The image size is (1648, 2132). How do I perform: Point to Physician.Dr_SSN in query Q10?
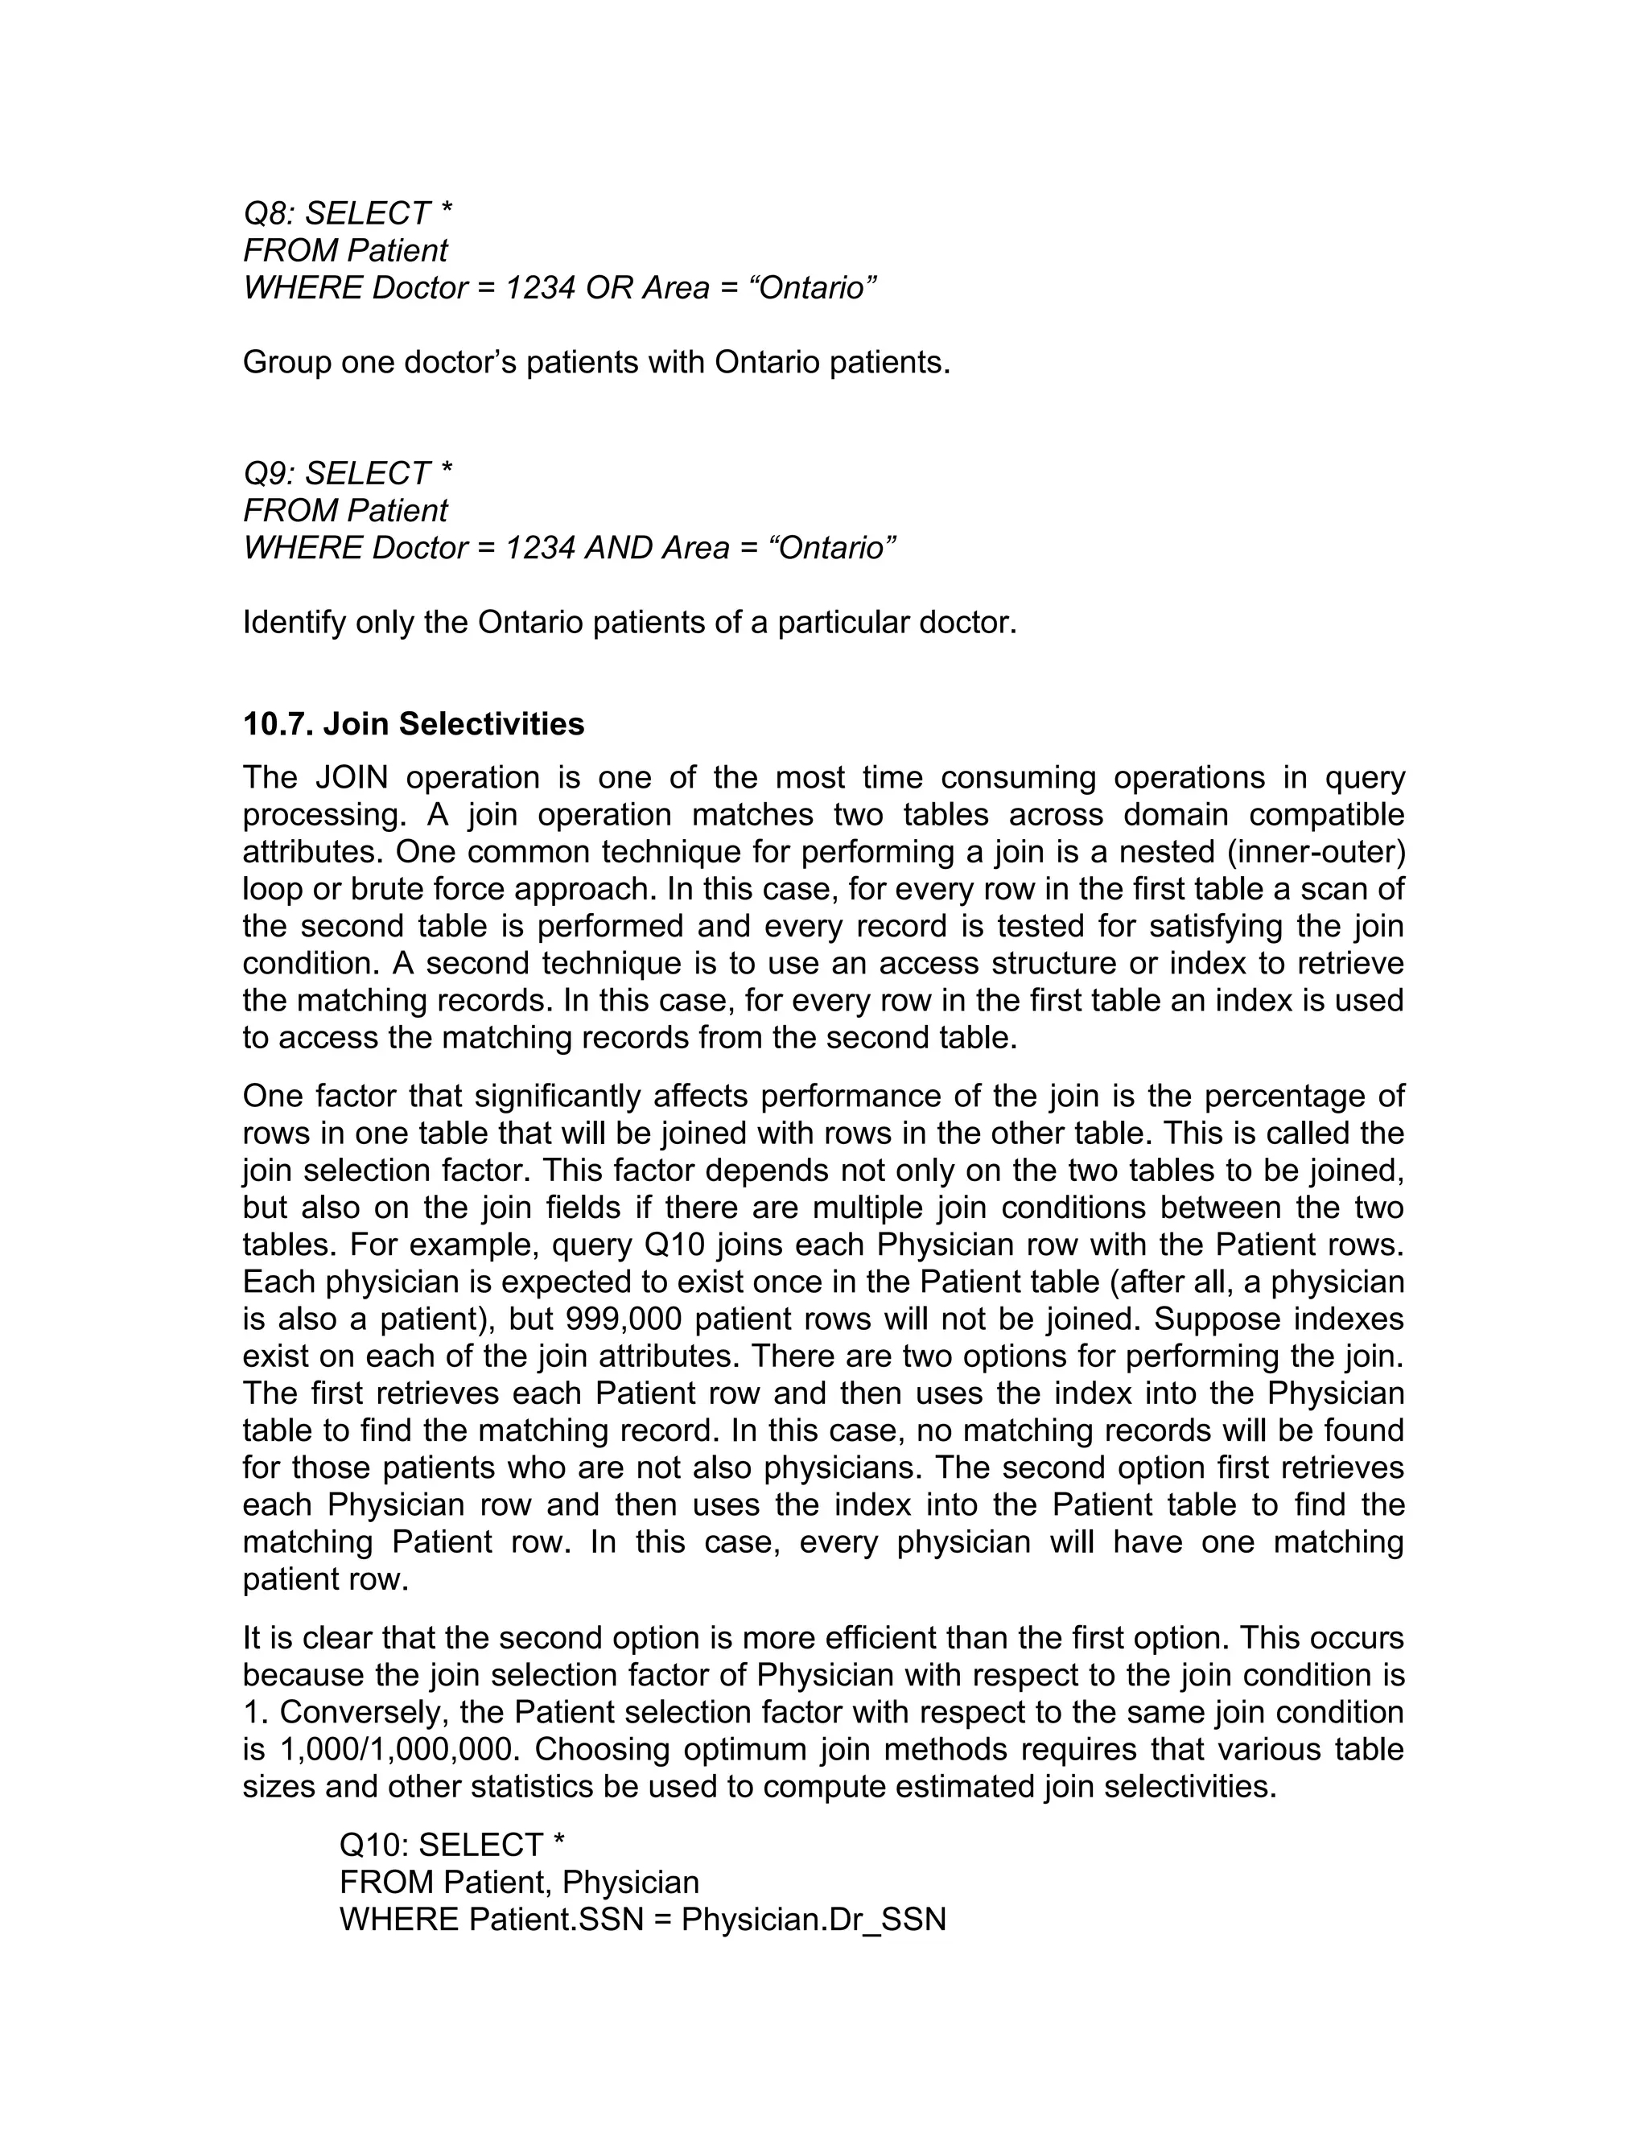coord(814,1918)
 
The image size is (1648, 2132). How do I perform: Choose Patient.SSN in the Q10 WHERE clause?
coord(555,1918)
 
